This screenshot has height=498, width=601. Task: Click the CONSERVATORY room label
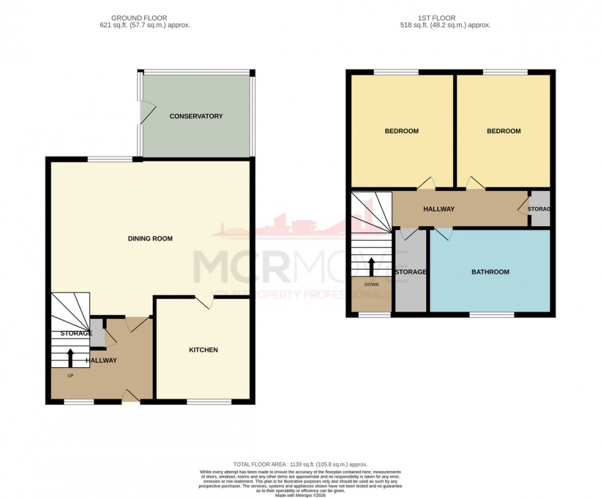(196, 116)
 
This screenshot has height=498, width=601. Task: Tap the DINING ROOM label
(150, 238)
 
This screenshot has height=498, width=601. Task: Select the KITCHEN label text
(203, 350)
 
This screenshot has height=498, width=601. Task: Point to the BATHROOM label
(490, 271)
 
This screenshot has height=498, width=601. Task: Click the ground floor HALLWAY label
(101, 360)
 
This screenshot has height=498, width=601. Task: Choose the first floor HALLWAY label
(439, 209)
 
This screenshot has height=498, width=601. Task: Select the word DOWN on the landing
(371, 284)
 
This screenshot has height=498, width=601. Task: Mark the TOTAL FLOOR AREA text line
(300, 464)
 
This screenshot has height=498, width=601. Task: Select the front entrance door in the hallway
(130, 397)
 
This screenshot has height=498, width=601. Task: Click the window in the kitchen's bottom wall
(209, 402)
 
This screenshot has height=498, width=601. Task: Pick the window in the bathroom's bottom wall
(492, 315)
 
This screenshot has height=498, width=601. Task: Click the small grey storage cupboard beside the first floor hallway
(539, 209)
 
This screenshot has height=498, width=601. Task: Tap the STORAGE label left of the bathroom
(410, 271)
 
